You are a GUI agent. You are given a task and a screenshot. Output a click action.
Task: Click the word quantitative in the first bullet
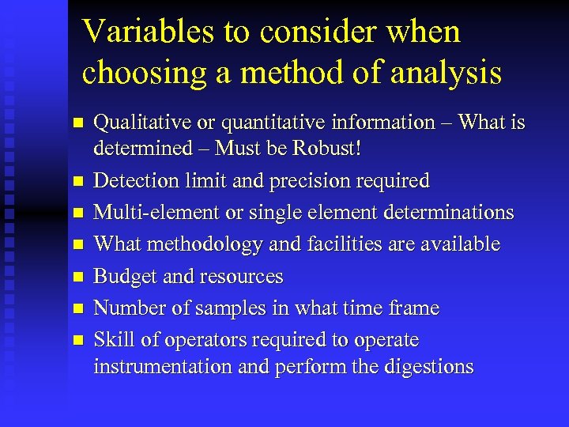pos(277,123)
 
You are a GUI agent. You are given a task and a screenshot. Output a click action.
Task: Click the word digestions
pos(426,367)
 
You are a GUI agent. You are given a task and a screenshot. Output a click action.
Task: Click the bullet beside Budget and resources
pos(77,278)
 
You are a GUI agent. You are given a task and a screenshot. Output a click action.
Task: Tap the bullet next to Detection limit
pos(77,182)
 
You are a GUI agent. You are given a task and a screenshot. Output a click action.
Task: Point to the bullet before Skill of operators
pos(77,341)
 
